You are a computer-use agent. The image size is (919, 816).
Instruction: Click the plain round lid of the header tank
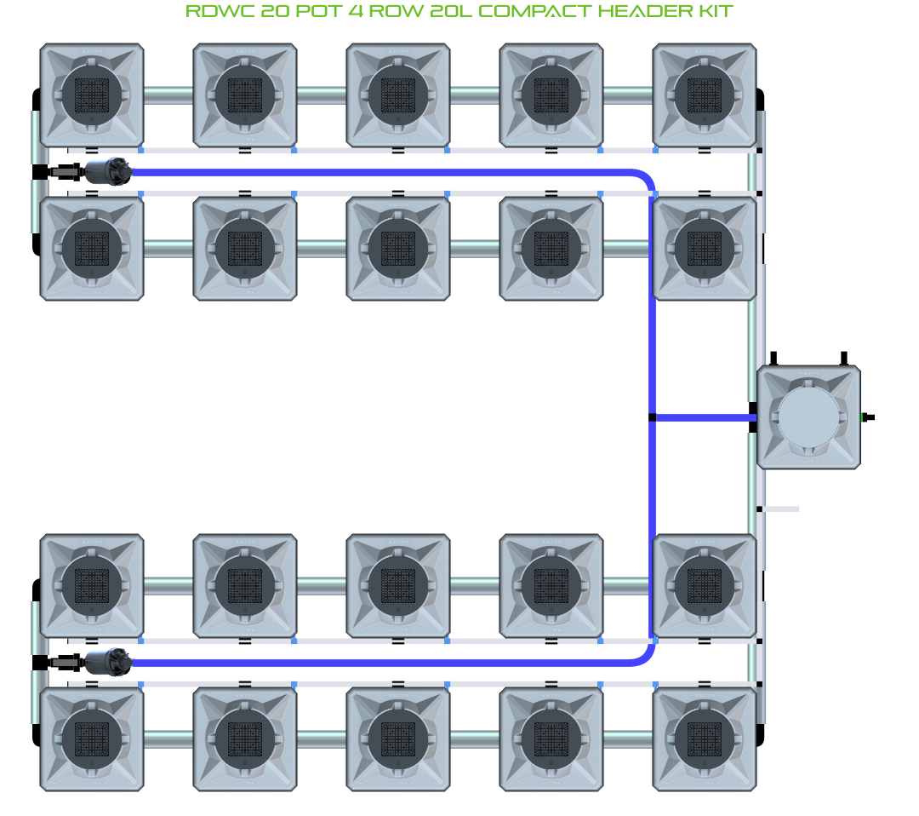[808, 417]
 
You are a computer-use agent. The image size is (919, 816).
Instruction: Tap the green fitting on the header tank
[866, 417]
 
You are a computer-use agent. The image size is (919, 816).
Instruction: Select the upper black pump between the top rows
[108, 171]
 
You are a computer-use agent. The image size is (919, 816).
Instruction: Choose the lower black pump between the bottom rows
[108, 662]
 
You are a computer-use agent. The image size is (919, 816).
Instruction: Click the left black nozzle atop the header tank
[774, 359]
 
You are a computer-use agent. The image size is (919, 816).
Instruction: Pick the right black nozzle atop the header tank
[843, 359]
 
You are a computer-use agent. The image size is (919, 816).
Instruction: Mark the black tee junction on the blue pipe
[652, 417]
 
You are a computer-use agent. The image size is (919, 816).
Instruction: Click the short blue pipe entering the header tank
[702, 417]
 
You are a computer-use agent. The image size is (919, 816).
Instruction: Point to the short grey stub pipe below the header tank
[780, 509]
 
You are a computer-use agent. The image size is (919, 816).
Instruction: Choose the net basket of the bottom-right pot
[705, 738]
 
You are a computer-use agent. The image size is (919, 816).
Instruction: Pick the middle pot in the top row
[398, 95]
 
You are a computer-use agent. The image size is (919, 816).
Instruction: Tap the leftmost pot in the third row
[92, 586]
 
